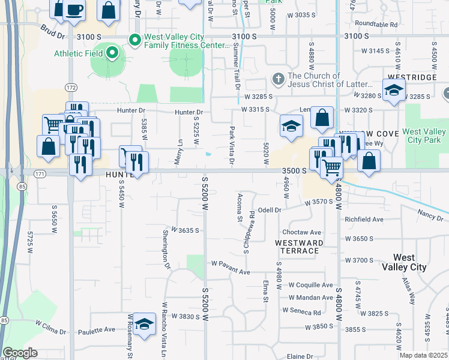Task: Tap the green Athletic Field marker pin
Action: click(112, 53)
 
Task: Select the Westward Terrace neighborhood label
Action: click(299, 247)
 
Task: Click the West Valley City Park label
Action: click(424, 136)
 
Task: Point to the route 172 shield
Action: click(71, 88)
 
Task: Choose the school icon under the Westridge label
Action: click(394, 91)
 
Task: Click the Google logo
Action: click(20, 353)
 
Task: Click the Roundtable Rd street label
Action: click(376, 25)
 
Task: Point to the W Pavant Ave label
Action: click(230, 272)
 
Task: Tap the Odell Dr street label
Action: click(270, 210)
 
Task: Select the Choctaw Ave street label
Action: click(307, 232)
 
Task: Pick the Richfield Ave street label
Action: click(364, 220)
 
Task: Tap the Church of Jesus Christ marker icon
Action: click(277, 79)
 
